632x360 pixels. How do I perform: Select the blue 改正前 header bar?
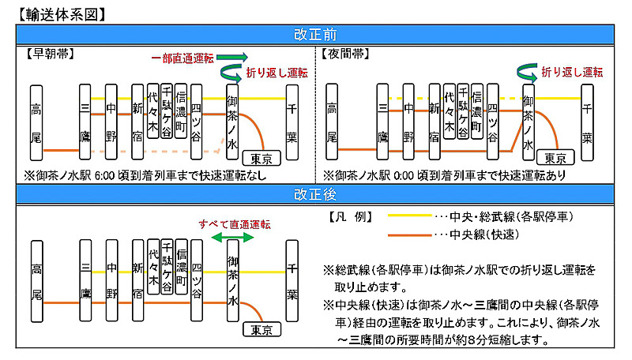[316, 35]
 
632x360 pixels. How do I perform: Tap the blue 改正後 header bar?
[316, 193]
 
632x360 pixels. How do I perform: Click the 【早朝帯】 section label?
[49, 54]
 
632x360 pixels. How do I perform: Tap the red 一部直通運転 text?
[182, 58]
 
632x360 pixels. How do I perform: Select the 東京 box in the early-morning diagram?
[260, 158]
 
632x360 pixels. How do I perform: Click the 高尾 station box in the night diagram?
[333, 122]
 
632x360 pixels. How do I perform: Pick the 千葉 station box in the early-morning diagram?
[292, 122]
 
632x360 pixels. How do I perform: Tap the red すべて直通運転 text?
[235, 225]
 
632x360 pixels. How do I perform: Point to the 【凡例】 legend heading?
[348, 216]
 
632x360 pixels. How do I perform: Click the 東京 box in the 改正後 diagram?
[260, 329]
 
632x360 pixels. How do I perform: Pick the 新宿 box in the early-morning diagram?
[137, 122]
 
